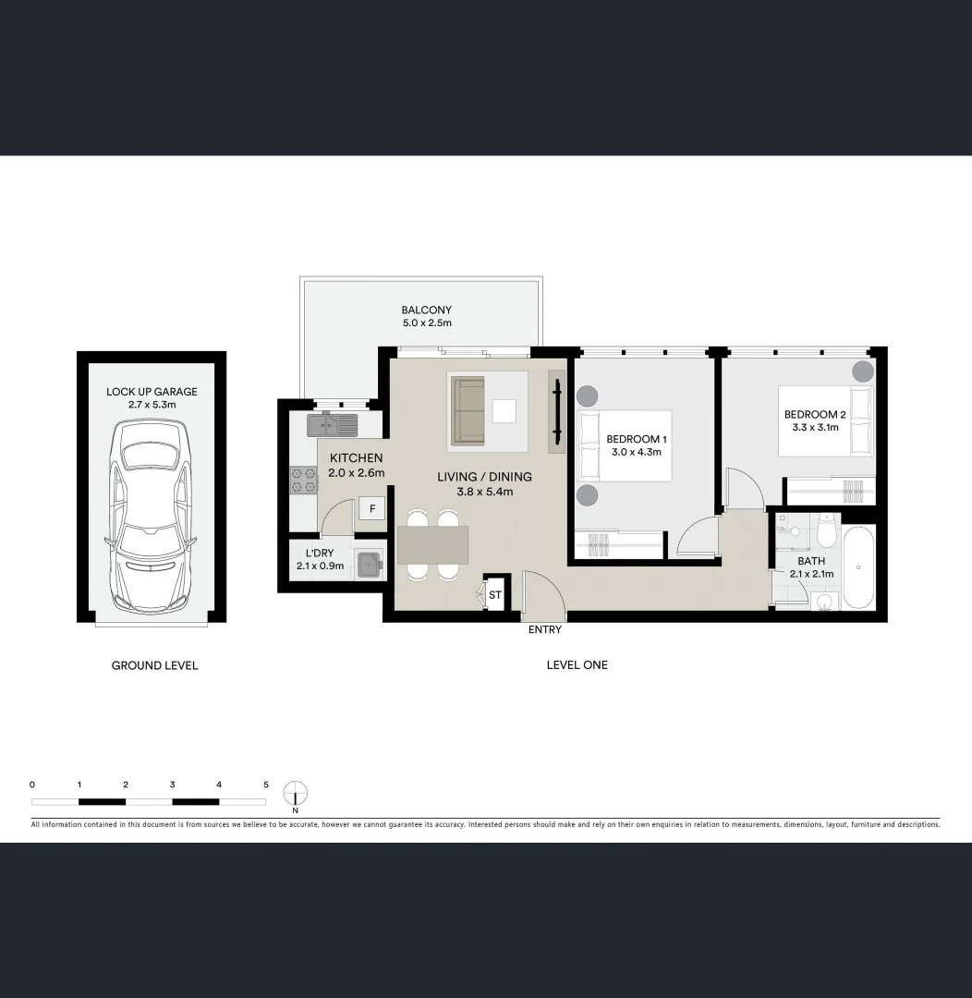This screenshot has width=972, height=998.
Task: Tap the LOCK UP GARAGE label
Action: coord(152,392)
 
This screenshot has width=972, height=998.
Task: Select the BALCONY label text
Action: coord(426,310)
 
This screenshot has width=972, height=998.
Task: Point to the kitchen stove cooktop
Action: coord(304,481)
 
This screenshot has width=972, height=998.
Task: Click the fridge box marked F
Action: coord(372,509)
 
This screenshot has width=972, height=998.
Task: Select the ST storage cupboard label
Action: coord(495,595)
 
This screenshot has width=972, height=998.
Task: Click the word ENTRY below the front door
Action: coord(544,630)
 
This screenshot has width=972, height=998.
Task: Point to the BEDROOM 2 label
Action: coord(815,415)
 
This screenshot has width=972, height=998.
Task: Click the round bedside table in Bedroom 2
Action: coord(861,372)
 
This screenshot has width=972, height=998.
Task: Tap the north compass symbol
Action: coord(295,794)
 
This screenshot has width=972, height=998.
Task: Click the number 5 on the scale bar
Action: coord(266,785)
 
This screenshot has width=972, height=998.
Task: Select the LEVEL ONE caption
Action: coord(577,665)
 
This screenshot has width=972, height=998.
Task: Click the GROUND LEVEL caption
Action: coord(154,665)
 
